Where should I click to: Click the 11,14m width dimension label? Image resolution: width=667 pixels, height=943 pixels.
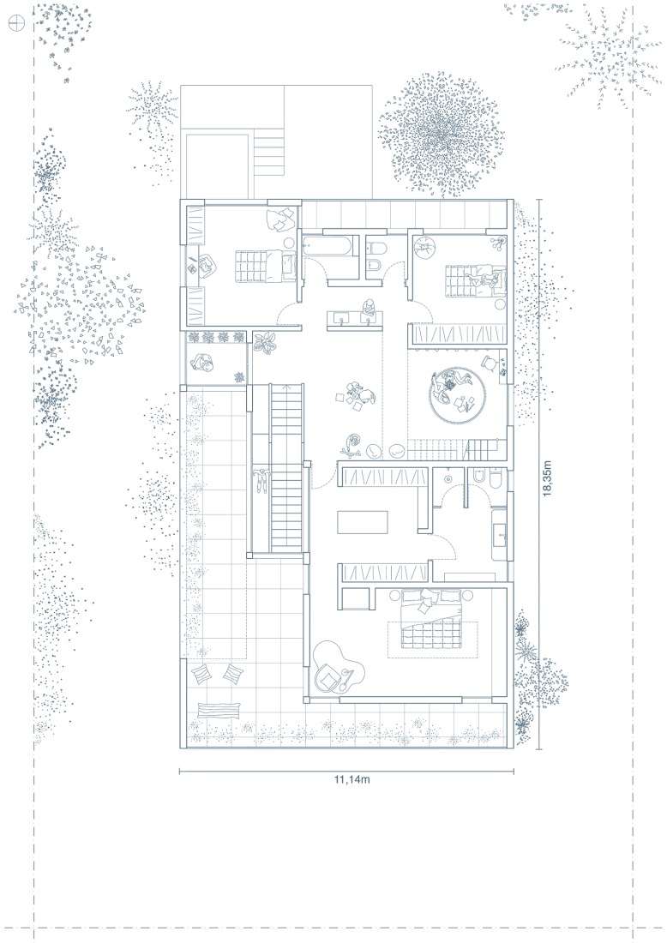coord(352,780)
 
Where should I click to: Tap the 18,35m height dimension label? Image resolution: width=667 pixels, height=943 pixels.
coord(547,478)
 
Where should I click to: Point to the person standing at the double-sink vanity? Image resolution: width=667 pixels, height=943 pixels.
coord(368,308)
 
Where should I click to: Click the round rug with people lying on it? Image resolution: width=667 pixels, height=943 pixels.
coord(459,396)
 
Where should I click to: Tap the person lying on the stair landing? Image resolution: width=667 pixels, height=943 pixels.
coord(261,480)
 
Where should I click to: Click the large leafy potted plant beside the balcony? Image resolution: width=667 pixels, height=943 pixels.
coord(265,343)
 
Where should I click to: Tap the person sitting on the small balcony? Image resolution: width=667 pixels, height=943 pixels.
coord(202,363)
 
